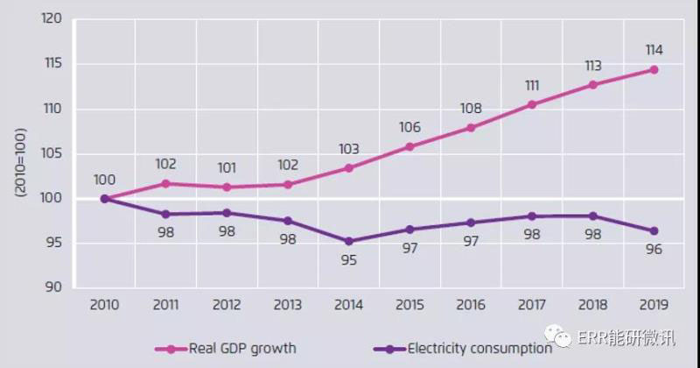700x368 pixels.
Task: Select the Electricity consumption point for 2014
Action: [x=349, y=241]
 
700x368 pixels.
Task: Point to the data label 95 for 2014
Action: [x=349, y=260]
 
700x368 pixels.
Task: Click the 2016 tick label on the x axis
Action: [x=471, y=305]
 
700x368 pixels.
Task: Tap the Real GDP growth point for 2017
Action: [x=532, y=104]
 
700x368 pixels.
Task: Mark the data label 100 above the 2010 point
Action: [x=104, y=180]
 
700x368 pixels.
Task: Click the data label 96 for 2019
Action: [x=654, y=250]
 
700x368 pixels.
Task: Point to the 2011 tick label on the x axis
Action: [x=165, y=305]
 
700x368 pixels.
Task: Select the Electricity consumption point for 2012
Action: [x=227, y=213]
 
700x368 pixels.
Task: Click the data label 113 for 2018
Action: [x=593, y=66]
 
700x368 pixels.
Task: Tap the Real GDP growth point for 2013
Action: [x=288, y=184]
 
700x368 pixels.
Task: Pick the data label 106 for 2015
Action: [x=409, y=127]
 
